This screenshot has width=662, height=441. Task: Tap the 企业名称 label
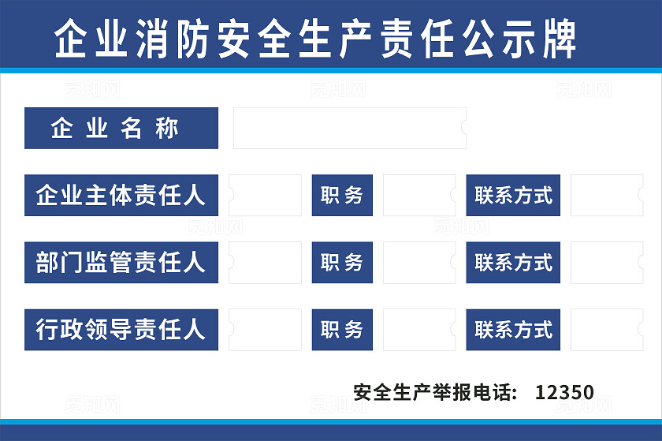tap(121, 128)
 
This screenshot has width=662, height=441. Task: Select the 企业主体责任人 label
tap(121, 195)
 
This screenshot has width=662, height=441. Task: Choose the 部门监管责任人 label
tap(121, 262)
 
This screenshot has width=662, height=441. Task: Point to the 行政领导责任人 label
tap(121, 329)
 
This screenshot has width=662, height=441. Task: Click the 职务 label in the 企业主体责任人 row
tap(342, 195)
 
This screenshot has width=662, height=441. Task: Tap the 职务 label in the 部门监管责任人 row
tap(342, 262)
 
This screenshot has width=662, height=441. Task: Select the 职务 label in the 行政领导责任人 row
tap(342, 329)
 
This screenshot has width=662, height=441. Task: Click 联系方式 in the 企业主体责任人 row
tap(513, 195)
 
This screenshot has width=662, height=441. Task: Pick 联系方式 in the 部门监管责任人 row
tap(513, 262)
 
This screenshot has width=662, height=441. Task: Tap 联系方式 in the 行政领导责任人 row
tap(513, 329)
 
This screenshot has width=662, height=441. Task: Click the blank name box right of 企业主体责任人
tap(266, 195)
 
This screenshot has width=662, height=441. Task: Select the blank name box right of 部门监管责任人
tap(266, 262)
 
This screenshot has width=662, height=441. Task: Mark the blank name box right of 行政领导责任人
tap(266, 329)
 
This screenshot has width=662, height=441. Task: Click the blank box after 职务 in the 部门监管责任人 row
tap(418, 262)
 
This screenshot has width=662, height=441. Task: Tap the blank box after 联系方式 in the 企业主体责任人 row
tap(606, 195)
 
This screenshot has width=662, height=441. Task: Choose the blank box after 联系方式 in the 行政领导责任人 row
tap(606, 329)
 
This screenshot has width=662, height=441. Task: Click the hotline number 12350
tap(564, 392)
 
